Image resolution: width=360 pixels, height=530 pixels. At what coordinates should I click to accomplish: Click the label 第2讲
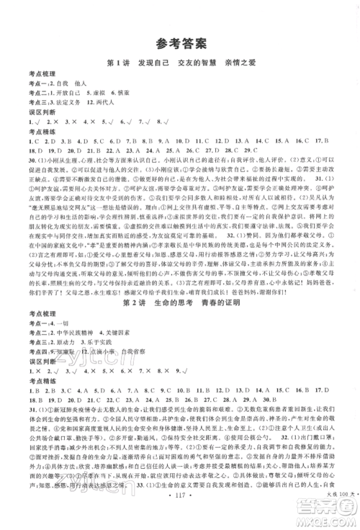pos(134,323)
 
